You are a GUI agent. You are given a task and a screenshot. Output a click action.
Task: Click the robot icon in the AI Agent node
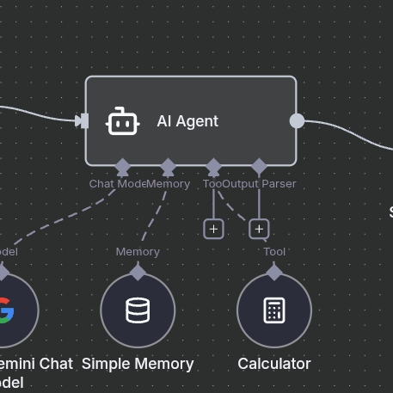(x=122, y=121)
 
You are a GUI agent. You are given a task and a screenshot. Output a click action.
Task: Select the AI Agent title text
(x=187, y=121)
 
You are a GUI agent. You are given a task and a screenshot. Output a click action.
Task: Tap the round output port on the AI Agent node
(x=297, y=121)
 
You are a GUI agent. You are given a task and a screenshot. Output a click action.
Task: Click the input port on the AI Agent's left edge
(x=82, y=121)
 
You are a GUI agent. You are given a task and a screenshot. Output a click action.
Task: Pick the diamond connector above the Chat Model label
(x=122, y=166)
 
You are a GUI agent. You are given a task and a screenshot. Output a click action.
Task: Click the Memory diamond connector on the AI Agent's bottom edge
(x=168, y=166)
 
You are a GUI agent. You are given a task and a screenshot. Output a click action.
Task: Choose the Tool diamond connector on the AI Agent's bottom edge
(x=213, y=166)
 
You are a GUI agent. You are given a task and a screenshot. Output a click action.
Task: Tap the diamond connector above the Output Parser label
(x=259, y=166)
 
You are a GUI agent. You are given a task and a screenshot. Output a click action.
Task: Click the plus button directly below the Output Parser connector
(x=259, y=229)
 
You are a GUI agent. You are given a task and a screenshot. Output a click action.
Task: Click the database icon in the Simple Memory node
(x=138, y=310)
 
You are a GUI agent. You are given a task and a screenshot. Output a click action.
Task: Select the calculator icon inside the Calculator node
(x=274, y=310)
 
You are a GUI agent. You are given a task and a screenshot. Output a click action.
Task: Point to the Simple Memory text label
(x=138, y=364)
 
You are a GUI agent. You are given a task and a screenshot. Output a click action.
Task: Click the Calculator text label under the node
(x=274, y=364)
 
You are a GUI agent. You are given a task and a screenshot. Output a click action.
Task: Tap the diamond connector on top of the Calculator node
(x=274, y=273)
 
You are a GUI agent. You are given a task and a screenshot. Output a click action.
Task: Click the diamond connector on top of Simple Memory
(x=138, y=273)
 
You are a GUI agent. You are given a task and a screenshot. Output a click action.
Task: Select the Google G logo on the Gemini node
(x=4, y=310)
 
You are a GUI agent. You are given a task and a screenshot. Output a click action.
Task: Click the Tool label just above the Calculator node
(x=274, y=252)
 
